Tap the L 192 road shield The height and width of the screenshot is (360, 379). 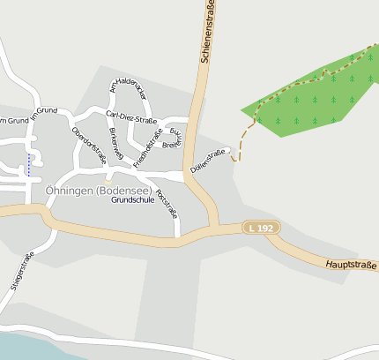coord(262,229)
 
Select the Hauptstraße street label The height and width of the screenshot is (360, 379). coord(351,263)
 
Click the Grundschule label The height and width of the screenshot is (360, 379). coord(133,200)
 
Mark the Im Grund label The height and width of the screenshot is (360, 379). coord(43,114)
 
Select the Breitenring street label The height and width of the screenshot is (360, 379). coord(173,136)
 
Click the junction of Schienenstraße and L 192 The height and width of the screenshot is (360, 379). coord(214,228)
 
